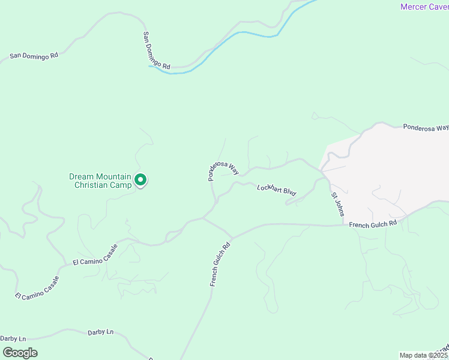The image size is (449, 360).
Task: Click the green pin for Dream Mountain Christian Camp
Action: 140,180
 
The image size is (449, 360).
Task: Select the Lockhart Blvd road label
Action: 277,190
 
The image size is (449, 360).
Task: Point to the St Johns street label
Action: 338,205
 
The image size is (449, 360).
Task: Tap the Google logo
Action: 19,353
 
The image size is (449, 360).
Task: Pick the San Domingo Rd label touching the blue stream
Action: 157,50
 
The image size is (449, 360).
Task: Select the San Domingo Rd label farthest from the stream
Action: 34,56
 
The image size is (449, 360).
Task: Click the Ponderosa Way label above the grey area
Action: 426,128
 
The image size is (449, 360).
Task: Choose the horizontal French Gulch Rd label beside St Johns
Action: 373,224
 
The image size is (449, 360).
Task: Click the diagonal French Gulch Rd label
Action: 220,264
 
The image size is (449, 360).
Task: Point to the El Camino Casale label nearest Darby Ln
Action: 38,288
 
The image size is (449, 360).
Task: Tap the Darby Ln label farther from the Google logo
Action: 100,332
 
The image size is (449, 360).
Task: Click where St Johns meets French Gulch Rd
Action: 343,226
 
